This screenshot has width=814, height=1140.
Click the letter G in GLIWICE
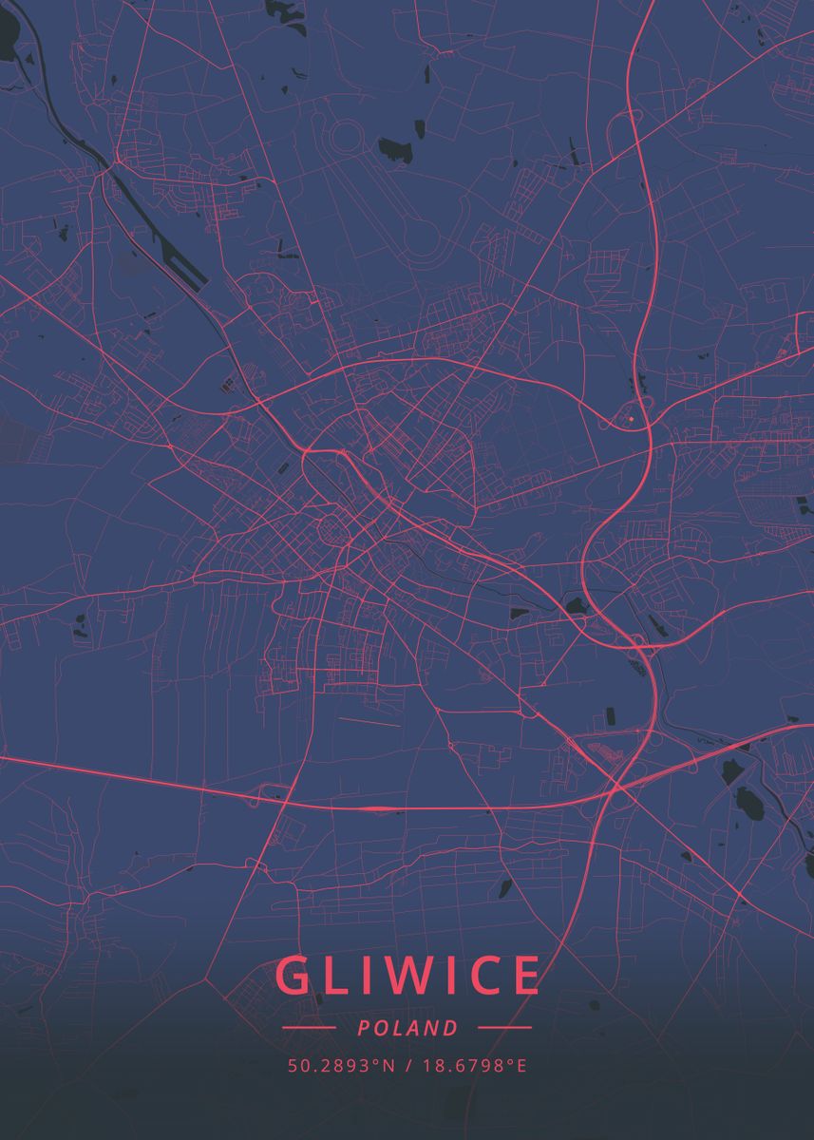tap(295, 976)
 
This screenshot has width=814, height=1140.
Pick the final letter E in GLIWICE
tap(525, 976)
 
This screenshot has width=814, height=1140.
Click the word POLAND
tap(407, 1028)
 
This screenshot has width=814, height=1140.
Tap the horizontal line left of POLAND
tap(309, 1028)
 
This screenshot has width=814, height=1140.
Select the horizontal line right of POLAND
tap(504, 1028)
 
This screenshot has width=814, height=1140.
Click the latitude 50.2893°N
tap(341, 1066)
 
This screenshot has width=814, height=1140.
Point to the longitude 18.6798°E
tap(474, 1066)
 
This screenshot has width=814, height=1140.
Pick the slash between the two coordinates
tap(407, 1066)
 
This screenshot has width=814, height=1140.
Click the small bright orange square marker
tap(631, 417)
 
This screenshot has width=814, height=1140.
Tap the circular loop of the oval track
tap(345, 139)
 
